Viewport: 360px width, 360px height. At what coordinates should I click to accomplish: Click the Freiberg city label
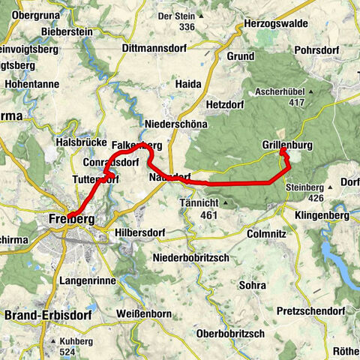(70, 219)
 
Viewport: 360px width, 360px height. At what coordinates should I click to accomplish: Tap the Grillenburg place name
(288, 143)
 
